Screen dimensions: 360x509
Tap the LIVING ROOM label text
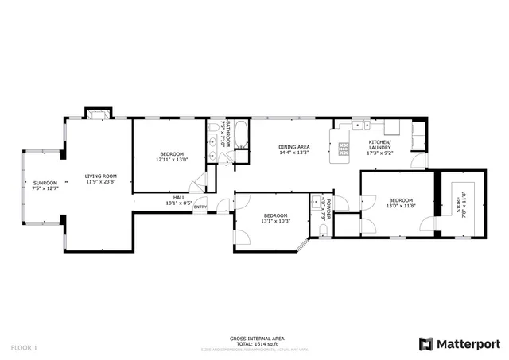101,176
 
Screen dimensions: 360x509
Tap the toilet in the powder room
321,230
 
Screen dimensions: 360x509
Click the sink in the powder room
317,199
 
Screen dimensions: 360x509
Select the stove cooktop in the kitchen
344,148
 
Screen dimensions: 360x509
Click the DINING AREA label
293,147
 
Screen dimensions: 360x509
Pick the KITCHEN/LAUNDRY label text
379,145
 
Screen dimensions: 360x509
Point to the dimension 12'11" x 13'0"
172,160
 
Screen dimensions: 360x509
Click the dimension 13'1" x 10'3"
275,222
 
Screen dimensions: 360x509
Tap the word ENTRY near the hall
200,208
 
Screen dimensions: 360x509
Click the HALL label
179,197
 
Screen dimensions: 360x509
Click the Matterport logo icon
425,343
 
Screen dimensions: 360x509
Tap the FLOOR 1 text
24,347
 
